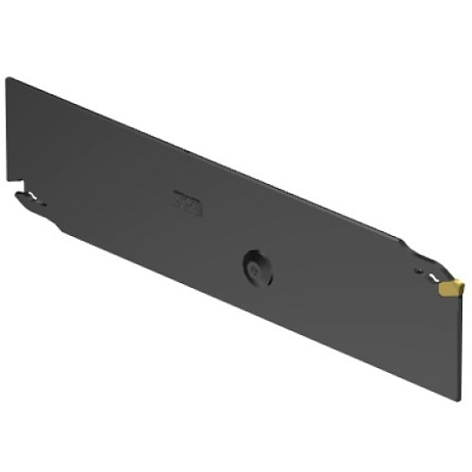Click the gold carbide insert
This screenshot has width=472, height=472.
(451, 286)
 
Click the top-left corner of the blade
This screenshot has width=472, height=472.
(8, 79)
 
